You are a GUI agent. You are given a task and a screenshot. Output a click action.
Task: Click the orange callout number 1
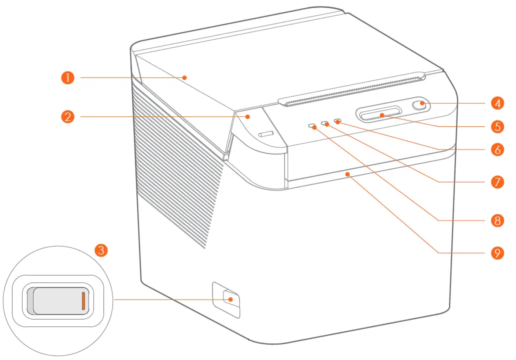67,77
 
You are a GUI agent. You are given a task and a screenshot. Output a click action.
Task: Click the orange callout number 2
67,117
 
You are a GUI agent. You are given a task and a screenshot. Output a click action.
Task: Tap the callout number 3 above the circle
101,250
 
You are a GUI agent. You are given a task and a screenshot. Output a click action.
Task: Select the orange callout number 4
496,103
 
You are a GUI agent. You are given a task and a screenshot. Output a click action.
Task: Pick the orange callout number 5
496,126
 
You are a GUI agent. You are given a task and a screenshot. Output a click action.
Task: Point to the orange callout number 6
496,149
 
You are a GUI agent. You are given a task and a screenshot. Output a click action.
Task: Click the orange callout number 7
496,181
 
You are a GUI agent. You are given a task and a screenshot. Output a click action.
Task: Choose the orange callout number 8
496,220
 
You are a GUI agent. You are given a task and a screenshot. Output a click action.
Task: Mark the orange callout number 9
496,253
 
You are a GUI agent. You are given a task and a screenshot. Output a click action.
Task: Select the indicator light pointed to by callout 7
326,123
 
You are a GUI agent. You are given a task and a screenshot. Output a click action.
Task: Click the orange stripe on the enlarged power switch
83,301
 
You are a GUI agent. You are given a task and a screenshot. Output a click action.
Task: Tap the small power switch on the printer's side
230,299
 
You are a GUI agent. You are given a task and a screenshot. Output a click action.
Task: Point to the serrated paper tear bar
350,90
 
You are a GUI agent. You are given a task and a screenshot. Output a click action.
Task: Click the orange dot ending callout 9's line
346,174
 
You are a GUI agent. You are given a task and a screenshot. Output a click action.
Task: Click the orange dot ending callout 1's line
184,77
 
